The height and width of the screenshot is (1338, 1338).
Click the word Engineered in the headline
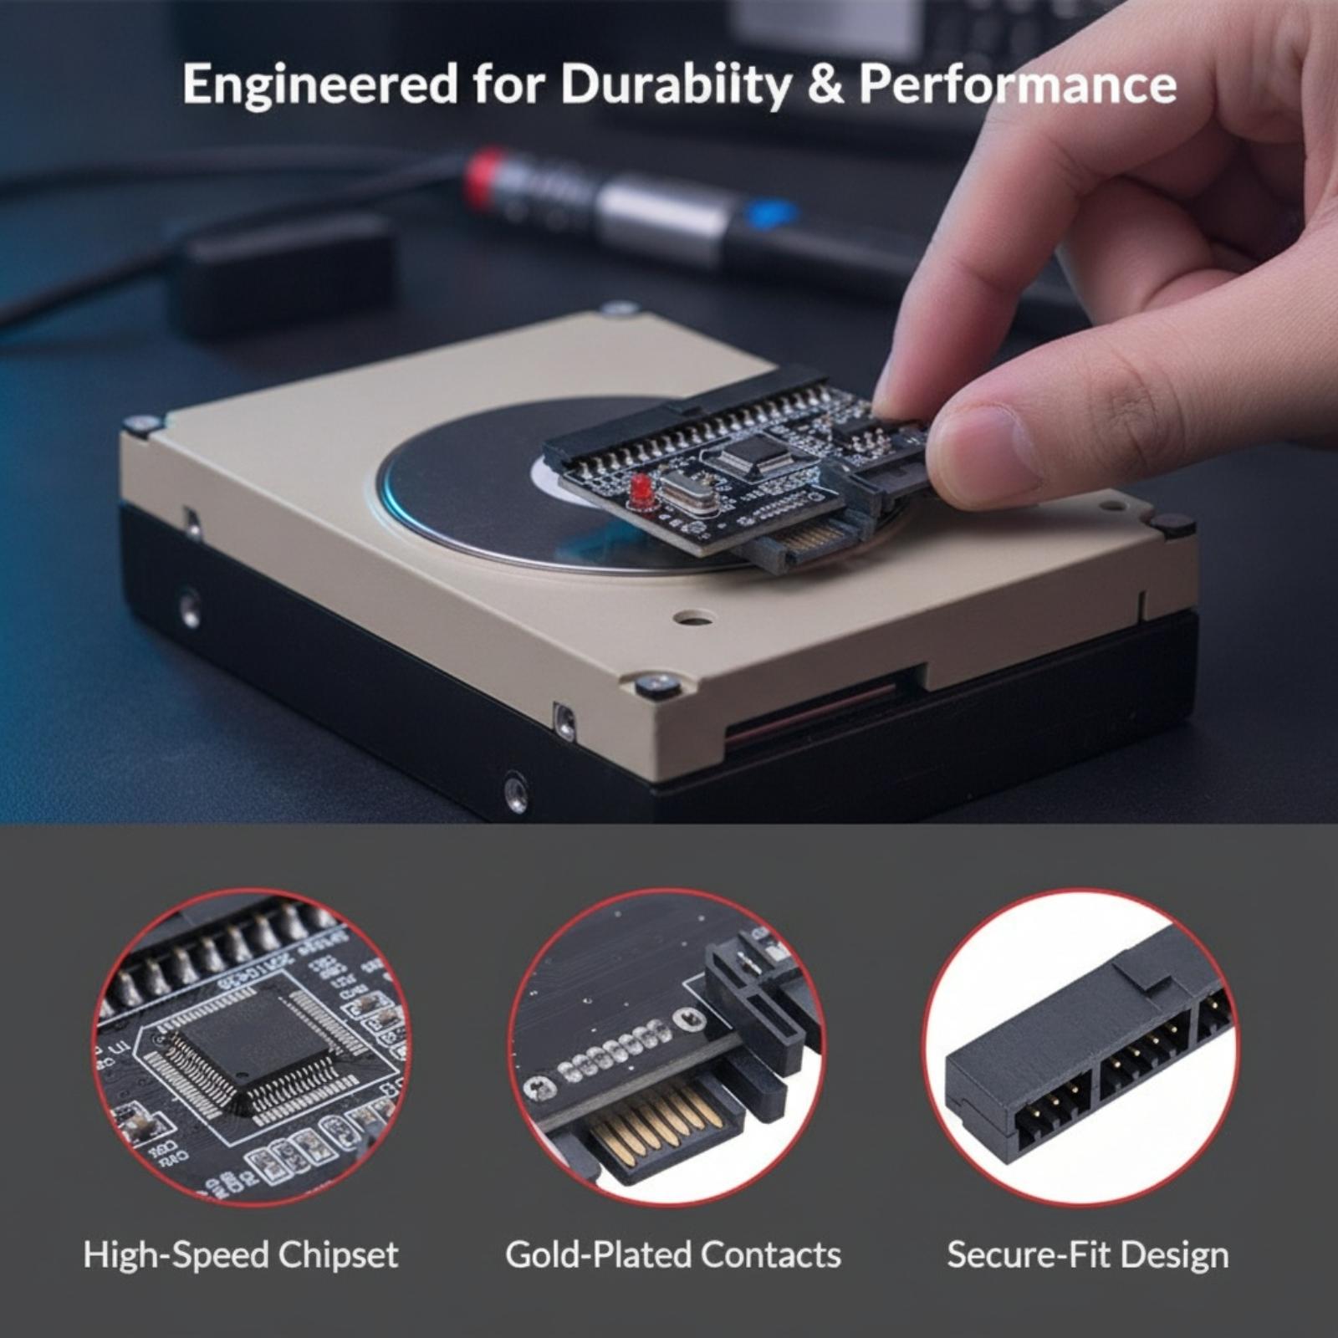pos(319,85)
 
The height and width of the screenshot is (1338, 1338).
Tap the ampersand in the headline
pos(825,84)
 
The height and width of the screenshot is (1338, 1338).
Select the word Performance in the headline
pos(1018,84)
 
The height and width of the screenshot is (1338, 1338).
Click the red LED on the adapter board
pos(641,488)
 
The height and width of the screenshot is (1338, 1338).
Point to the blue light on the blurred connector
pos(768,215)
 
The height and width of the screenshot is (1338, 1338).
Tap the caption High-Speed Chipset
pos(241,1255)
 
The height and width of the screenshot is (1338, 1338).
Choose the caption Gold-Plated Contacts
pos(673,1255)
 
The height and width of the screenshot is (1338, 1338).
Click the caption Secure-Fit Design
pos(1088,1255)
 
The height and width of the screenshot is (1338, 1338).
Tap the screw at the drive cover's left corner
pos(141,424)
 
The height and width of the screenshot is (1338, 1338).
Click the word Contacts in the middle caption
pos(771,1255)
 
